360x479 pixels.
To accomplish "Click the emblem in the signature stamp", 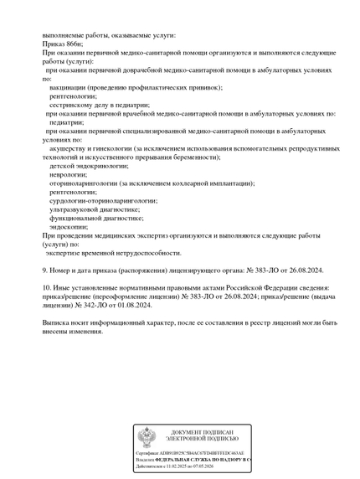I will (147, 437).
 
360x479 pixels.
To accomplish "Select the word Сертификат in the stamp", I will (148, 453).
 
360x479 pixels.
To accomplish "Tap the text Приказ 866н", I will (63, 44).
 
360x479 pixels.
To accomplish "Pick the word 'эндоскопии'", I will (69, 226).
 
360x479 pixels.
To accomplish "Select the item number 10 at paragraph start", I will (46, 288).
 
